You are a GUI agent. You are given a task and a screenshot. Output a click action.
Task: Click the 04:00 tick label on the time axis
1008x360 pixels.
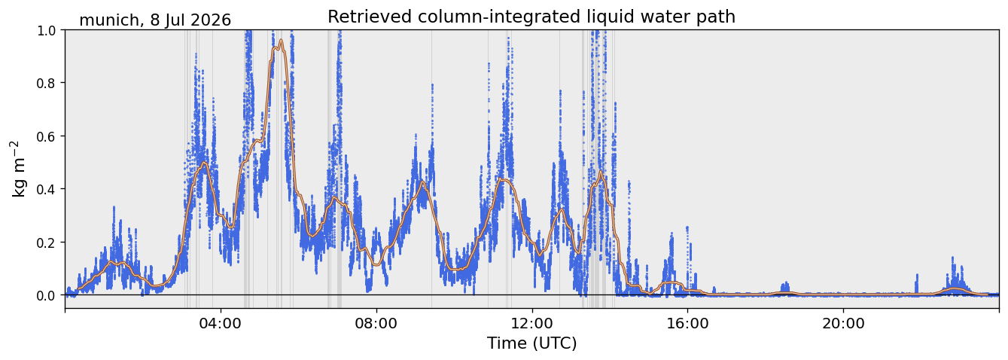click(221, 323)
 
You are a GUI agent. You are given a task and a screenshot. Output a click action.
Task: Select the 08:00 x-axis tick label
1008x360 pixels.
click(376, 323)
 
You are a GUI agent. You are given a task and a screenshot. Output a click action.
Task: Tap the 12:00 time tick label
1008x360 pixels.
click(532, 323)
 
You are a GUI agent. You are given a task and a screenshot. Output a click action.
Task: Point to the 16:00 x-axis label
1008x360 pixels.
click(687, 323)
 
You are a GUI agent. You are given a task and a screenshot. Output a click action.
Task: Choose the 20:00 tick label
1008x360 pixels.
click(843, 323)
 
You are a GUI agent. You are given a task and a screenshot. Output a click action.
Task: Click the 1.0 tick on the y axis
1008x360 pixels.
click(47, 30)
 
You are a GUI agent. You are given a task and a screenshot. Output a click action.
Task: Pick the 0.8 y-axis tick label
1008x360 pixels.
click(47, 84)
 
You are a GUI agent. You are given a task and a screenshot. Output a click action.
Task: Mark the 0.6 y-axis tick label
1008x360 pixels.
click(47, 136)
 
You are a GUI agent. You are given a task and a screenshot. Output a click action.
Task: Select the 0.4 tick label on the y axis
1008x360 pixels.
click(47, 190)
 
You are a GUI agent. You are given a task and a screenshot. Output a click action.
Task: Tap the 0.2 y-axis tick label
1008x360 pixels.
click(47, 243)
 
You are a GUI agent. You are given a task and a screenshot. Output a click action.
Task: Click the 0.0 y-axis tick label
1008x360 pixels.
click(47, 296)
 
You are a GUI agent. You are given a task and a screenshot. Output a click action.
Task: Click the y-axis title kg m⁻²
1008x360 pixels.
click(18, 169)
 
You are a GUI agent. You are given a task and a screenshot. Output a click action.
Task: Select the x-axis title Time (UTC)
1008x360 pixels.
click(532, 343)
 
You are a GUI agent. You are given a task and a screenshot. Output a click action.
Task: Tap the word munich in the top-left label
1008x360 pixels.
click(109, 20)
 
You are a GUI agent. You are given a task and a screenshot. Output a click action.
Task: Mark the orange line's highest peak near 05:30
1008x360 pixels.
click(282, 40)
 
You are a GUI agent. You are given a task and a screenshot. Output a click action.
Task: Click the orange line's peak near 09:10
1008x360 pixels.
click(422, 182)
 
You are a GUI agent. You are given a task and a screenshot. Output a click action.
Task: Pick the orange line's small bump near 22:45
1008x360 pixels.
click(955, 288)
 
